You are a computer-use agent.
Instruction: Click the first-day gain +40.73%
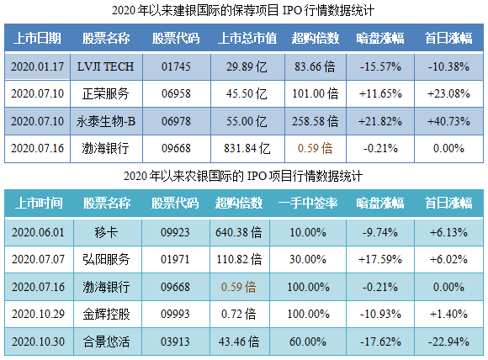point(448,121)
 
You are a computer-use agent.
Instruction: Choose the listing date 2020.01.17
point(34,66)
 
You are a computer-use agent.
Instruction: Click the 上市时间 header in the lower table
point(38,203)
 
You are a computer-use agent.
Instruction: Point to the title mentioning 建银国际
point(243,11)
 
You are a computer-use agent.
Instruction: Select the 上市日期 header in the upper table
point(34,39)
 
